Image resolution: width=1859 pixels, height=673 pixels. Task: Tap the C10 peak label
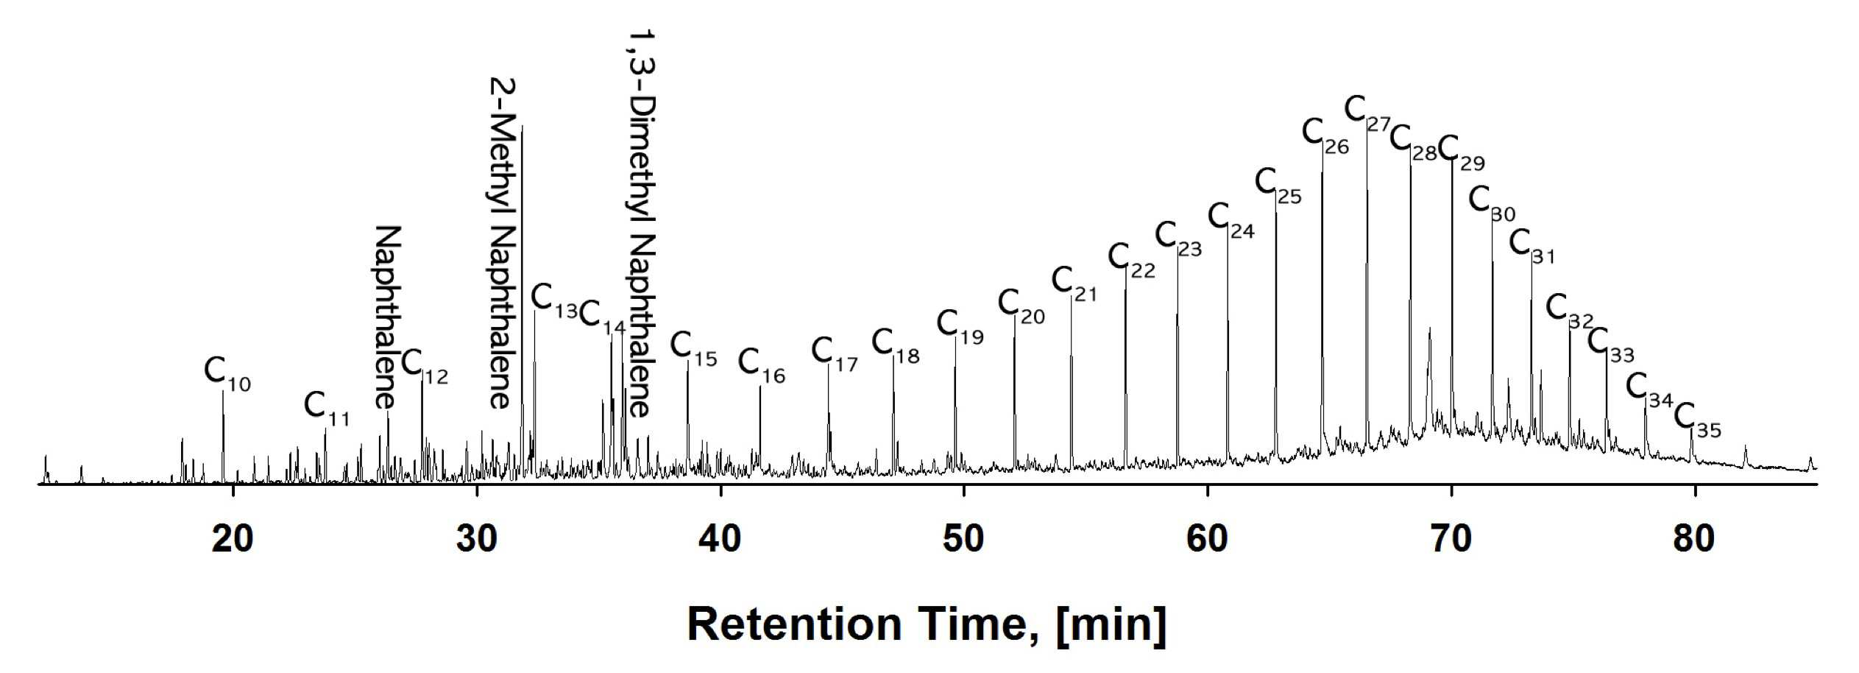[x=227, y=374]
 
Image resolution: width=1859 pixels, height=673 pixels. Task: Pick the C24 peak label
[x=1231, y=221]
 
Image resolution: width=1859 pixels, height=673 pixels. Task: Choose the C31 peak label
[x=1532, y=247]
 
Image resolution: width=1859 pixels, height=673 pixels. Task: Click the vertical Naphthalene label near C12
[x=387, y=317]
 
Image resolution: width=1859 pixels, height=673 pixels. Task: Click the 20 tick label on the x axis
[x=233, y=539]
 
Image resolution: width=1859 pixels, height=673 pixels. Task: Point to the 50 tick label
[x=963, y=539]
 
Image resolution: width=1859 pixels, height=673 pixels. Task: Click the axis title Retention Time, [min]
[x=927, y=624]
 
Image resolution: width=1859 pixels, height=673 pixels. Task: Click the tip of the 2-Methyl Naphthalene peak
[x=522, y=127]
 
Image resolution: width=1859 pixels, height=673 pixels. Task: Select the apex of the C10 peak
[x=223, y=391]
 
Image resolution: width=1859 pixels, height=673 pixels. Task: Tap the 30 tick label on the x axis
[x=477, y=539]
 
